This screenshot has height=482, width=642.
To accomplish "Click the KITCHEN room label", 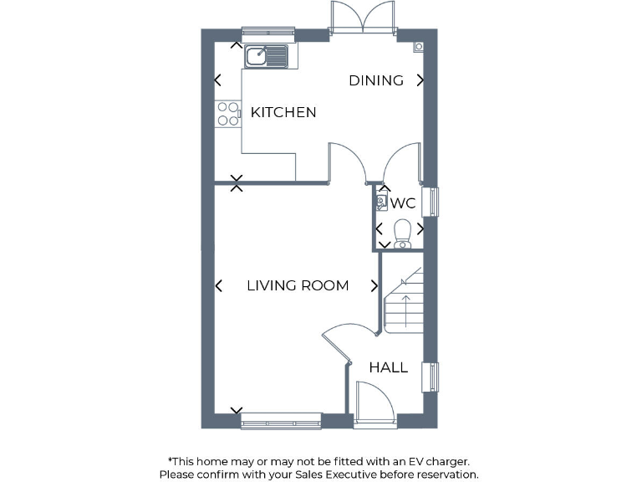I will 283,112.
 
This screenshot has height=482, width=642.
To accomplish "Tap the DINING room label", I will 376,80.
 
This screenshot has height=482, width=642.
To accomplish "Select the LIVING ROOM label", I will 298,285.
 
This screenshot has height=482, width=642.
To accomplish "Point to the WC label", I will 403,203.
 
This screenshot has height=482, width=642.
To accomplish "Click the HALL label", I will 389,367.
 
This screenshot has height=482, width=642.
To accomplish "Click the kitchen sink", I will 267,56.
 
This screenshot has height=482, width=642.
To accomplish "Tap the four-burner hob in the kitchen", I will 227,113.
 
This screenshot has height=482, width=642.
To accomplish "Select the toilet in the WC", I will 403,232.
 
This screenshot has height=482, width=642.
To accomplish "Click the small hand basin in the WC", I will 382,203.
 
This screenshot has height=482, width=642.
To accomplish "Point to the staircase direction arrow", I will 406,310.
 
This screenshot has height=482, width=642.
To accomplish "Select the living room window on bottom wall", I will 281,421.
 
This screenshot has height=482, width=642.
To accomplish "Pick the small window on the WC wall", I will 433,203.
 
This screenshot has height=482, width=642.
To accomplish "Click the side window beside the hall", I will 433,377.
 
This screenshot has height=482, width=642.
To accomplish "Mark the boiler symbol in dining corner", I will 418,47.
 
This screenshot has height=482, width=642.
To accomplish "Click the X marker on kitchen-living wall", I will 237,182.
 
